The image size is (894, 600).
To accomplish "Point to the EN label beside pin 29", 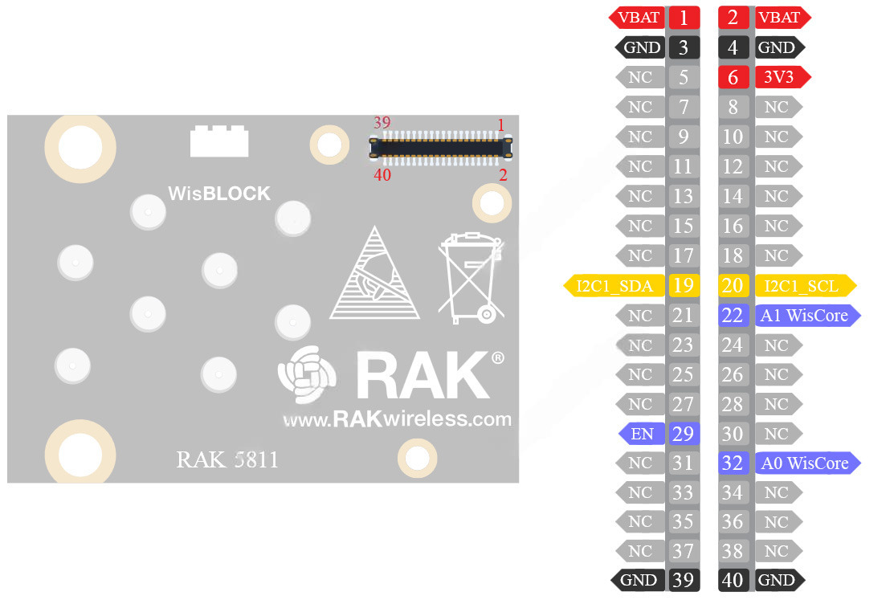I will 643,435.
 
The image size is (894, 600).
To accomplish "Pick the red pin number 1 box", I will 684,18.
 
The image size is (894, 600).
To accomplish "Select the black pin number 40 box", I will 733,580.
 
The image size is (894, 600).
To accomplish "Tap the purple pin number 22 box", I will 733,315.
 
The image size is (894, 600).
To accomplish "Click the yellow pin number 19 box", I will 684,285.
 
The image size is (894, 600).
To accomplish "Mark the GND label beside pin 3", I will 642,47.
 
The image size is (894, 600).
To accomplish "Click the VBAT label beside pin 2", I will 780,18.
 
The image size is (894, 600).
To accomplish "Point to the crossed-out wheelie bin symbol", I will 469,277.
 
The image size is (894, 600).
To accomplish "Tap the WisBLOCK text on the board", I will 219,194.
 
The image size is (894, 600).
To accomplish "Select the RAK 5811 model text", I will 227,460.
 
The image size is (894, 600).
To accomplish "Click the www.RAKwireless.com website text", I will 397,418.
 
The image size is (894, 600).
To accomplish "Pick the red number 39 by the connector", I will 382,123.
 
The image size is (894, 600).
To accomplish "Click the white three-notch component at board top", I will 219,141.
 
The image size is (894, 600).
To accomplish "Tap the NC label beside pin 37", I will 640,551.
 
